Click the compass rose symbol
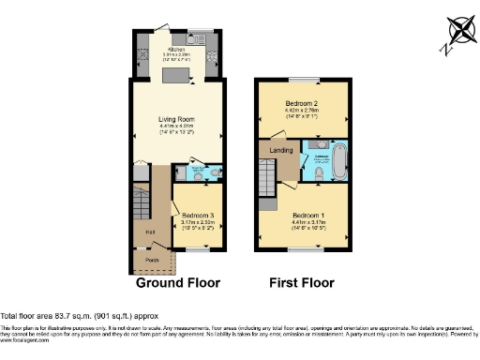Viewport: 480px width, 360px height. point(457,32)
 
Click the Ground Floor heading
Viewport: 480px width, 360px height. point(178,282)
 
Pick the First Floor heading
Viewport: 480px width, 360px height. point(302,282)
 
